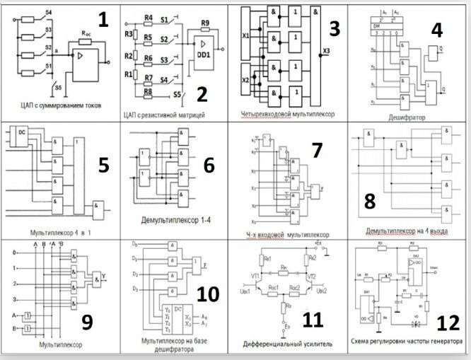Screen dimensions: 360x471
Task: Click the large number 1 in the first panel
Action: (x=103, y=19)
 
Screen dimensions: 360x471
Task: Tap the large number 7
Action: (x=316, y=150)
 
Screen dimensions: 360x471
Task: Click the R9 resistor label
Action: (x=204, y=23)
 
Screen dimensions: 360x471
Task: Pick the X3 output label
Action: (x=326, y=50)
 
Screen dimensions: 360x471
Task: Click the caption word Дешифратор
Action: (x=409, y=118)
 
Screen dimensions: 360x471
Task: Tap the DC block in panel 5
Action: (x=23, y=132)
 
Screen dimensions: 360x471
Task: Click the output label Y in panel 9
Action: (x=105, y=276)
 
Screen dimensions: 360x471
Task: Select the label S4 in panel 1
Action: (x=47, y=13)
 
